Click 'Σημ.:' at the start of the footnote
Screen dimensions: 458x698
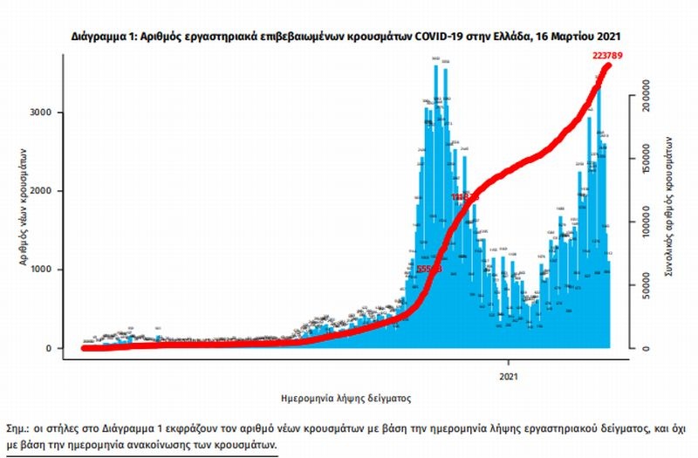tap(17, 429)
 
